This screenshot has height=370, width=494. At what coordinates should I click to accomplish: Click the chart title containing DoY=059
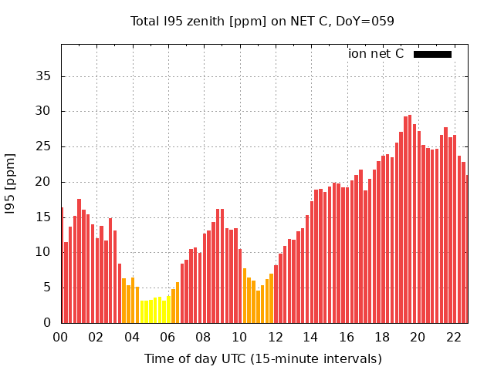pyautogui.click(x=262, y=21)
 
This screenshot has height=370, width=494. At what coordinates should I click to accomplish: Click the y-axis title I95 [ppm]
pyautogui.click(x=11, y=183)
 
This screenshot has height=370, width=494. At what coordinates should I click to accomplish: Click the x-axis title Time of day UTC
pyautogui.click(x=262, y=358)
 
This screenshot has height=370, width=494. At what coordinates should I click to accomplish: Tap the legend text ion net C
pyautogui.click(x=376, y=54)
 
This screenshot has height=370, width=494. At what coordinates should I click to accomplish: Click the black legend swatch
pyautogui.click(x=432, y=54)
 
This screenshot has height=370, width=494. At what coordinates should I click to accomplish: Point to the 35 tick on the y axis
pyautogui.click(x=43, y=76)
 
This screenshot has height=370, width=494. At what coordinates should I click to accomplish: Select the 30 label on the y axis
pyautogui.click(x=43, y=111)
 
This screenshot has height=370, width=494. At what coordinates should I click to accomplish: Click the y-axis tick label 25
pyautogui.click(x=43, y=146)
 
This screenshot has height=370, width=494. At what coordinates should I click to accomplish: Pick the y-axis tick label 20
pyautogui.click(x=43, y=182)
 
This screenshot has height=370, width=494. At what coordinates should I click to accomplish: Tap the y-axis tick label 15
pyautogui.click(x=43, y=217)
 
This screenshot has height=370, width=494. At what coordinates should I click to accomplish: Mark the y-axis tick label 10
pyautogui.click(x=43, y=252)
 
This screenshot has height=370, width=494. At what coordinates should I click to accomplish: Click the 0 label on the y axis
pyautogui.click(x=47, y=323)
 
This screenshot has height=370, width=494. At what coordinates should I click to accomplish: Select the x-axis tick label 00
pyautogui.click(x=60, y=337)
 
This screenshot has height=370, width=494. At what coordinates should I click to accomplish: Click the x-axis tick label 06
pyautogui.click(x=167, y=337)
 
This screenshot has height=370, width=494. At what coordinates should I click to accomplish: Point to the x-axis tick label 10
pyautogui.click(x=239, y=337)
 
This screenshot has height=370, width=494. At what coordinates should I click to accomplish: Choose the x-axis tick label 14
pyautogui.click(x=310, y=337)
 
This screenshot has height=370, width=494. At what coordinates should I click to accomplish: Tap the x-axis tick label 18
pyautogui.click(x=382, y=337)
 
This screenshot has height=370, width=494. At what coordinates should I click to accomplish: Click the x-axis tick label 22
pyautogui.click(x=453, y=337)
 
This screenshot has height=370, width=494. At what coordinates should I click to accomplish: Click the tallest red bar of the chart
pyautogui.click(x=410, y=220)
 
